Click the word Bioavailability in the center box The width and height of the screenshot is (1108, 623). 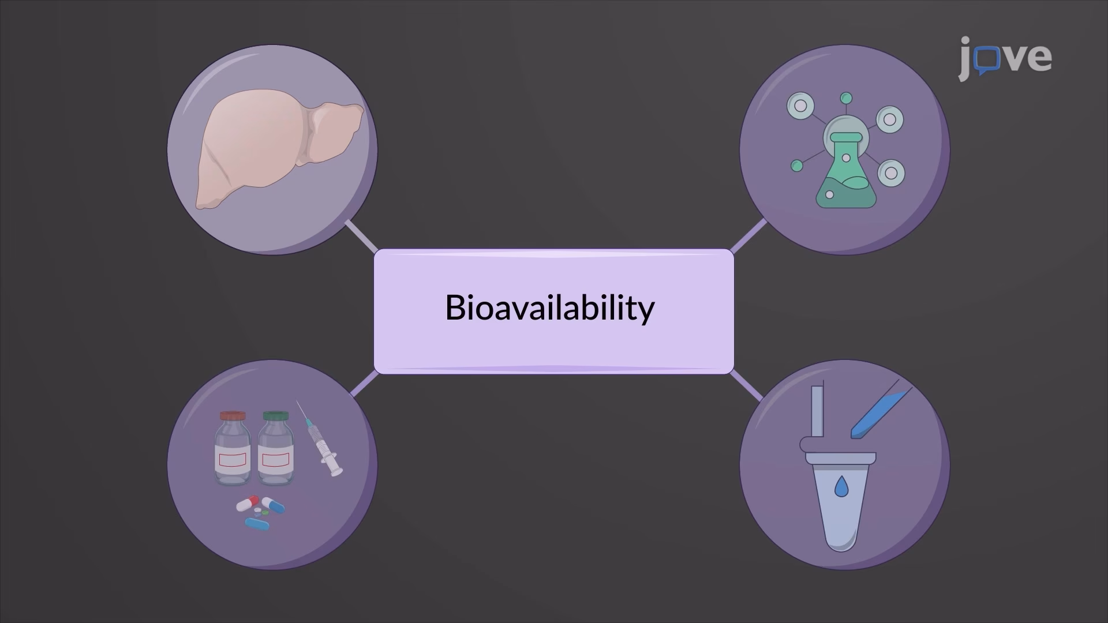click(x=549, y=307)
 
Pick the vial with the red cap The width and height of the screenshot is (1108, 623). click(x=233, y=448)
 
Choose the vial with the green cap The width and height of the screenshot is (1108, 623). click(x=276, y=448)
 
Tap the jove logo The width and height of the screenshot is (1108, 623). click(x=1005, y=58)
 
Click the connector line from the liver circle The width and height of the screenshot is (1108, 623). click(x=361, y=236)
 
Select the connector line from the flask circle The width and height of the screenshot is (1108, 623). click(x=748, y=236)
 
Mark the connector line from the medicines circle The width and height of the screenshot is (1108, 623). click(x=364, y=384)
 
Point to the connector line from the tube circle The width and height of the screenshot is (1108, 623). click(x=746, y=385)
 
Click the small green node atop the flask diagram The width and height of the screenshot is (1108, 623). click(x=846, y=98)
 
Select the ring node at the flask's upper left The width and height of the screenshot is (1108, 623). click(x=800, y=106)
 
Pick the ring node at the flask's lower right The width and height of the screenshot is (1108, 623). click(x=892, y=172)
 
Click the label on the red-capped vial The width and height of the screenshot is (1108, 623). click(x=233, y=460)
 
